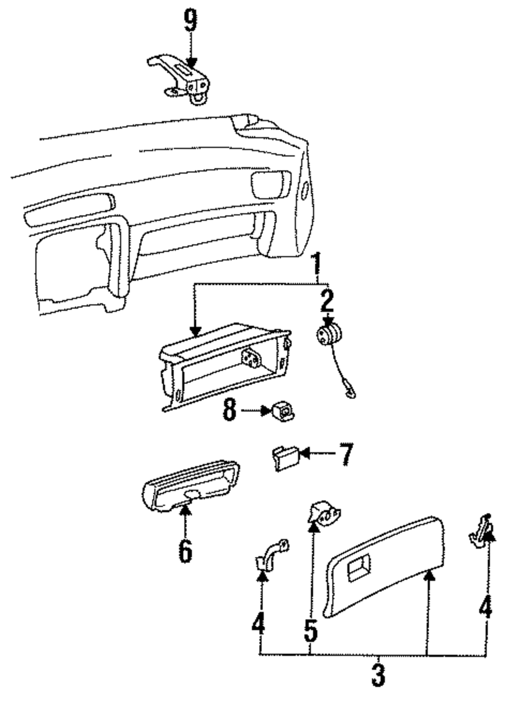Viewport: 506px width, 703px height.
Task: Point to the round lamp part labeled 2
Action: [328, 336]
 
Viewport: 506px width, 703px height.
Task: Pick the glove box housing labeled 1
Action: [223, 367]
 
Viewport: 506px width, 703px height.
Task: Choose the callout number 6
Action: [185, 551]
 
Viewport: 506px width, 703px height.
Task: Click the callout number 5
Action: [310, 630]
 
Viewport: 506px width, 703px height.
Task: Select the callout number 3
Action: [378, 675]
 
